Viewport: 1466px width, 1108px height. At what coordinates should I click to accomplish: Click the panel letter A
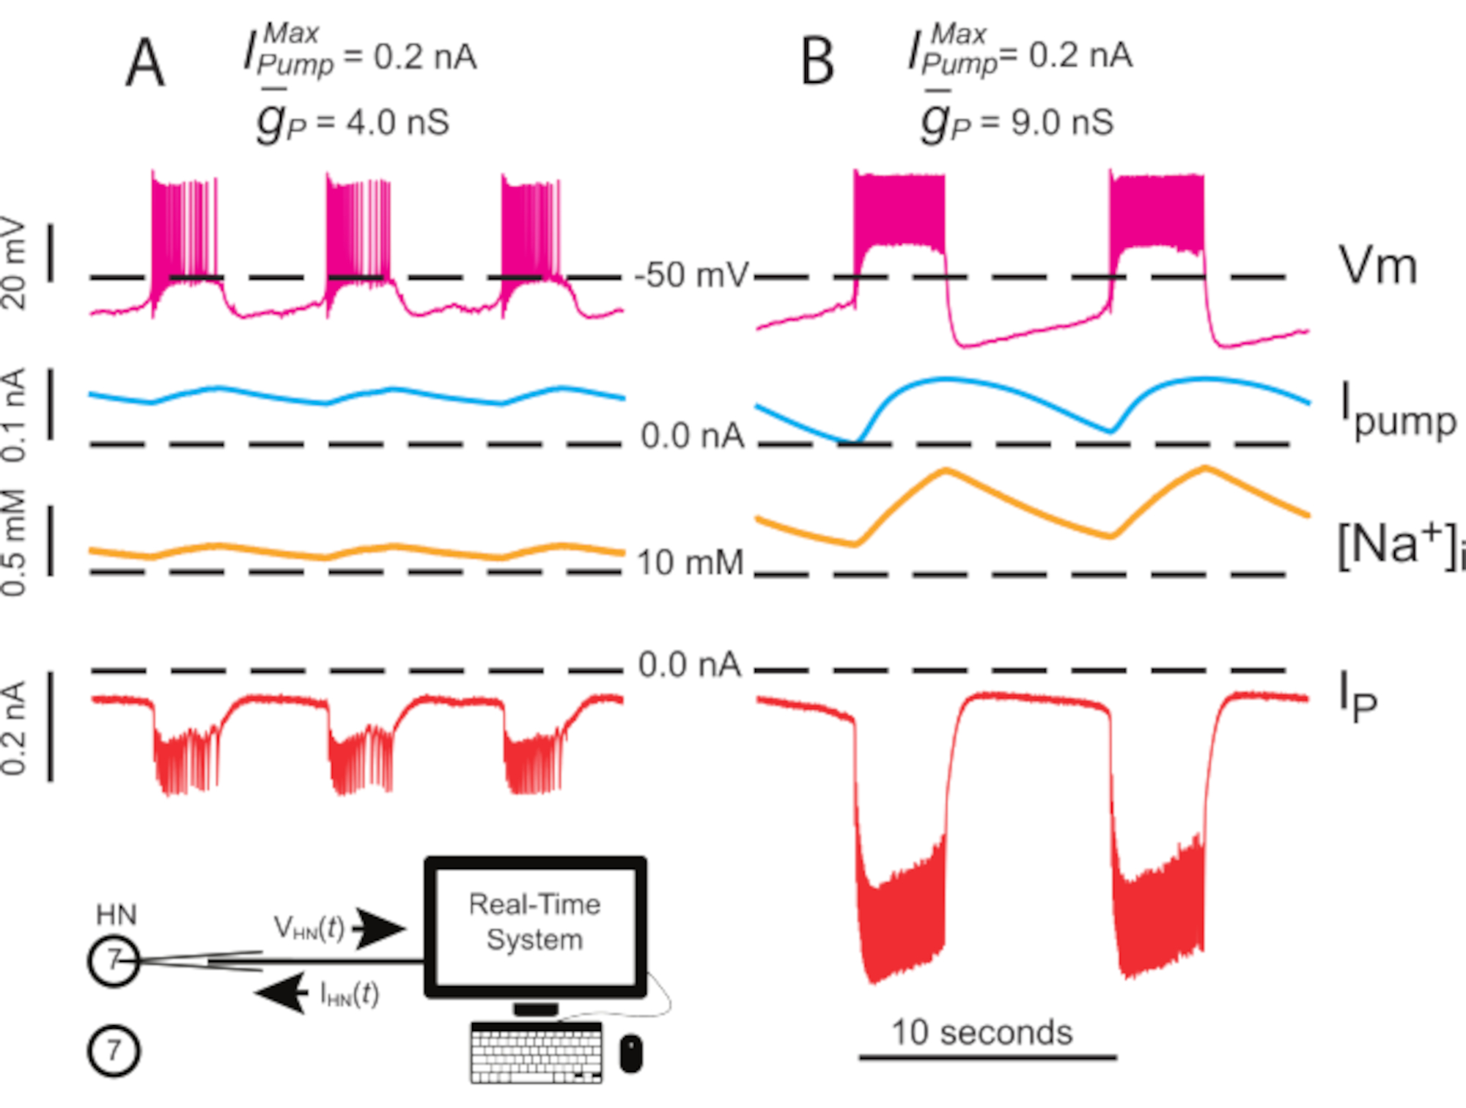coord(144,64)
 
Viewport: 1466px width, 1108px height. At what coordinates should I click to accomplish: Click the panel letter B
coord(817,62)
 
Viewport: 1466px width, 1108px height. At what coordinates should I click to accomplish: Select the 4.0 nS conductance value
coord(397,122)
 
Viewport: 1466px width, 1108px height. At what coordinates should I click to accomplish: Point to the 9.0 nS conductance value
coord(1061,122)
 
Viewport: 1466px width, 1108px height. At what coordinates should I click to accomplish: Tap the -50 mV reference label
coord(691,276)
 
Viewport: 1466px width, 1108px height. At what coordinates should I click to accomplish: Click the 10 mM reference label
coord(690,563)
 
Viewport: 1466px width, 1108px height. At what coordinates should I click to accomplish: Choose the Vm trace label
coord(1377,265)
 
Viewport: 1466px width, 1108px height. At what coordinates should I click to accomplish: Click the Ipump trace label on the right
coord(1396,412)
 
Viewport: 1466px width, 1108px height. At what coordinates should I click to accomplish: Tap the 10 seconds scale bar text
coord(981,1032)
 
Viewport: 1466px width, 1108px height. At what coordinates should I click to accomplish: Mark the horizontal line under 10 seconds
coord(987,1057)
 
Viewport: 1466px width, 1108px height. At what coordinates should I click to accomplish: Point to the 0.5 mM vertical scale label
coord(15,543)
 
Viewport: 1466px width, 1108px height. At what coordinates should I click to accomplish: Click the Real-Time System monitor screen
coord(535,925)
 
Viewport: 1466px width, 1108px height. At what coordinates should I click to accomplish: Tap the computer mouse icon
coord(630,1053)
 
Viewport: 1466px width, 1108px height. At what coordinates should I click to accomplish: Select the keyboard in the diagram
coord(537,1053)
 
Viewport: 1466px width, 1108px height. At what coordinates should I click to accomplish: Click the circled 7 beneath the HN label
coord(114,960)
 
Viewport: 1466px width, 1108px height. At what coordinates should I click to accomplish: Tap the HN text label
coord(116,915)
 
